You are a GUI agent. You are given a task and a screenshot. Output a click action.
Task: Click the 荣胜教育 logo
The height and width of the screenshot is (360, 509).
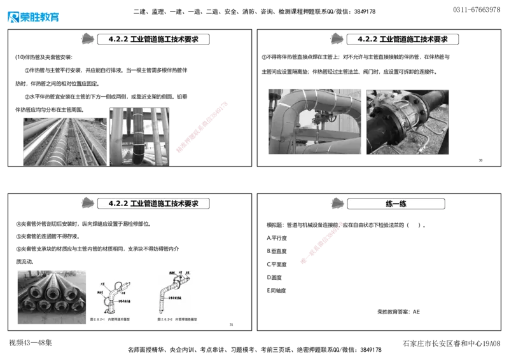coord(33,17)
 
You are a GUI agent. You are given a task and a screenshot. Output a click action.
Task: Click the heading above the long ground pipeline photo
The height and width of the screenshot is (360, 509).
coord(153,39)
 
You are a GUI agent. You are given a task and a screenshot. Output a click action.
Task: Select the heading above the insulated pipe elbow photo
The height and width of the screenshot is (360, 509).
coord(402,39)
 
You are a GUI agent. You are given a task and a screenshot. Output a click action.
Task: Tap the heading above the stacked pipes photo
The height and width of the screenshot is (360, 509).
coord(153,204)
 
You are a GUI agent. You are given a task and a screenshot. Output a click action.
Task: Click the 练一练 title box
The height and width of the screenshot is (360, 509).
coord(396,204)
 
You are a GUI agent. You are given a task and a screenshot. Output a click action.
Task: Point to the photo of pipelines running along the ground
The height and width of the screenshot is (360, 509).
coord(64,141)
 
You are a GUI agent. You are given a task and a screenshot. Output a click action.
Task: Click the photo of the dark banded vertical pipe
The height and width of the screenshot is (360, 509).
coord(139,136)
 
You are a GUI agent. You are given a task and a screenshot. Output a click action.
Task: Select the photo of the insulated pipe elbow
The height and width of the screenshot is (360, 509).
coord(312,122)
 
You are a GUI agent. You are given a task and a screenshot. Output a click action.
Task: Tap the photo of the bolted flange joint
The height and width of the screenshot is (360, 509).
coord(409,121)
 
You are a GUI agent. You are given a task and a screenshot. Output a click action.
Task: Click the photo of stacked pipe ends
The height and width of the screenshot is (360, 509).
coord(50,297)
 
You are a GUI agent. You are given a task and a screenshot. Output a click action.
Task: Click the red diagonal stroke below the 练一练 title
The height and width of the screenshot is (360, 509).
coord(321,243)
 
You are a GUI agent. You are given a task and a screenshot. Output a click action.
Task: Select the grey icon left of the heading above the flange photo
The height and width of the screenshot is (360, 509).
coord(335,38)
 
